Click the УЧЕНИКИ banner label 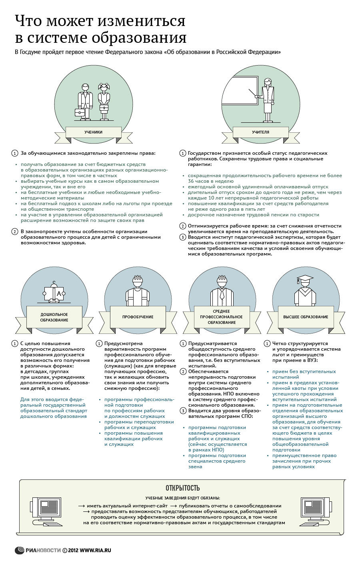coord(93,132)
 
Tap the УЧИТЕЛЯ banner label coord(260,132)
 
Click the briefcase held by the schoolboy coord(80,113)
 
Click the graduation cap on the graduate coord(305,278)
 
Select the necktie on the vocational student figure coord(222,295)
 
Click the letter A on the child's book coord(59,294)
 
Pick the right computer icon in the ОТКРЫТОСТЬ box coord(314,510)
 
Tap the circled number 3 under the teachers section coord(182,237)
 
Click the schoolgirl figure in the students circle coord(104,101)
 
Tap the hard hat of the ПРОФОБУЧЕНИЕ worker coord(138,279)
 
